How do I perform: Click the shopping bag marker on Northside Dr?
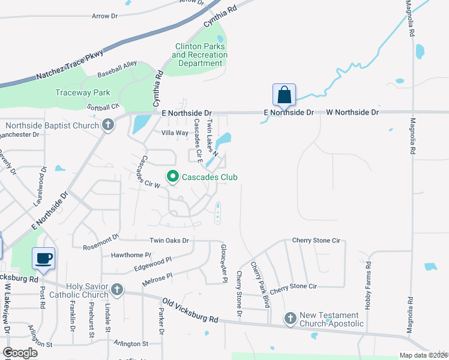[284, 95]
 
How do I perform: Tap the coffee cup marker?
[43, 259]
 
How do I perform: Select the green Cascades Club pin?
[173, 176]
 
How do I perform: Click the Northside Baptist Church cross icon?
[107, 125]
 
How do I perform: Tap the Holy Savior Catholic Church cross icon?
[116, 290]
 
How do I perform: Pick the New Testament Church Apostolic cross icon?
[291, 319]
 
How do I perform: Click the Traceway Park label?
[83, 92]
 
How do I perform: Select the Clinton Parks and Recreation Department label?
[199, 55]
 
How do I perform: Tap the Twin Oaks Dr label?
[169, 241]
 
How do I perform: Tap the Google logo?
[20, 353]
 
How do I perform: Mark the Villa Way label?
[175, 133]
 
